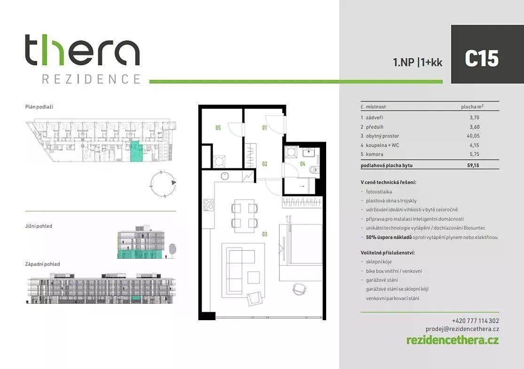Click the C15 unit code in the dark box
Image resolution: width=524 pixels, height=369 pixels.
(482, 58)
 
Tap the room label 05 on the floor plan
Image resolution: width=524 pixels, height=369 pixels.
(218, 128)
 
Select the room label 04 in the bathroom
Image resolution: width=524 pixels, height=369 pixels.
(303, 164)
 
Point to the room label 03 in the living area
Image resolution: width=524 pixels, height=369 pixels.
(265, 234)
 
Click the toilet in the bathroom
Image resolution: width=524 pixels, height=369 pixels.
(314, 170)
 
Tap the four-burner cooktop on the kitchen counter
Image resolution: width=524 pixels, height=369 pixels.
(209, 205)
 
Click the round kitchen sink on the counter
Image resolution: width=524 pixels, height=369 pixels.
(225, 176)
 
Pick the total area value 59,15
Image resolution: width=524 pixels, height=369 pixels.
(473, 165)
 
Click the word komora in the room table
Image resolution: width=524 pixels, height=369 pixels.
(375, 154)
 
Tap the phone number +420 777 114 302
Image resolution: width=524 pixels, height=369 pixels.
(475, 321)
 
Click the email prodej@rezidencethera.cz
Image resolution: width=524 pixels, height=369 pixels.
(462, 329)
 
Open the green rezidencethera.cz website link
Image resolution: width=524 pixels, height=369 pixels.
(453, 340)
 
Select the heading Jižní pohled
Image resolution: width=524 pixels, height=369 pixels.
(39, 226)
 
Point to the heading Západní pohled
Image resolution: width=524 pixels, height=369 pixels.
(43, 264)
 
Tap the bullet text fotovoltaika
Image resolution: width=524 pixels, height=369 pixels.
(379, 192)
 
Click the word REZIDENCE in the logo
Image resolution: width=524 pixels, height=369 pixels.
(91, 79)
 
